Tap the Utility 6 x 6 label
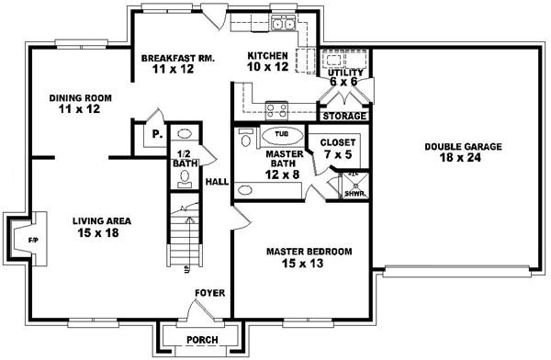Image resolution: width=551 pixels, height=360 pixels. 347,76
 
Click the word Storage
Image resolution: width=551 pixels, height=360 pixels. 345,117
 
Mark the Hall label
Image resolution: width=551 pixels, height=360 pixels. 217,182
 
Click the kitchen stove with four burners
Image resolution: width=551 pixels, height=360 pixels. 275,111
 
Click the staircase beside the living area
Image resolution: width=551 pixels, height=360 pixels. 182,234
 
